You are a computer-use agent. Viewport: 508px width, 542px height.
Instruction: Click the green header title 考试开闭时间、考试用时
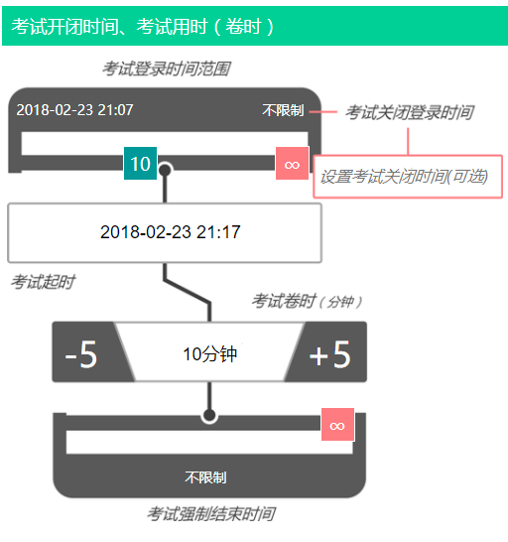coord(142,26)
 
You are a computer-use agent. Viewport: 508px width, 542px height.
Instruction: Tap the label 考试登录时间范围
coord(167,68)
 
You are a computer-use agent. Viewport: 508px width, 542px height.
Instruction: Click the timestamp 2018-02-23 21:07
coord(74,110)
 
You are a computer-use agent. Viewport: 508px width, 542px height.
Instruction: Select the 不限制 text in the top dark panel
coord(283,110)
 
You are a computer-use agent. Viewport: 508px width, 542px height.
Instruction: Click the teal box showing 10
coord(140,164)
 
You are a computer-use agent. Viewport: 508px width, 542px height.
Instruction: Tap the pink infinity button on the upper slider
coord(292,164)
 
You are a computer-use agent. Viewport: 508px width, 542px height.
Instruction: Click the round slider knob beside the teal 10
coord(165,170)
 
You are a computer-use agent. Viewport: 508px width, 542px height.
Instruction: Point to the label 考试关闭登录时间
coord(410,112)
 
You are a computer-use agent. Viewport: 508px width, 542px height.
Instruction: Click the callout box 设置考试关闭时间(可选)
coord(408,177)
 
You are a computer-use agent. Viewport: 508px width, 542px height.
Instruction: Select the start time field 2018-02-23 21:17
coord(165,232)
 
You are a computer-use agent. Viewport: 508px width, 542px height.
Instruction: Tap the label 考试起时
coord(43,282)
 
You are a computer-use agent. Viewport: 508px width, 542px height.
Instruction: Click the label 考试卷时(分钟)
coord(307,301)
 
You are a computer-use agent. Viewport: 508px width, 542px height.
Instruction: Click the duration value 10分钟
coord(209,354)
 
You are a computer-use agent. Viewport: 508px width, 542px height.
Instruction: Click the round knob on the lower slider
coord(209,415)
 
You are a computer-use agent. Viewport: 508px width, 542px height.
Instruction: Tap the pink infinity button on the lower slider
coord(337,425)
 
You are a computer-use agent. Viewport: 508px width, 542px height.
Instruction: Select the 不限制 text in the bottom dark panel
coord(205,477)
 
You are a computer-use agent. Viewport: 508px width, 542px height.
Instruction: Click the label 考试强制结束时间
coord(211,513)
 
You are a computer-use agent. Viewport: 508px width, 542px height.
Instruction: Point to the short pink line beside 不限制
coord(323,111)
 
